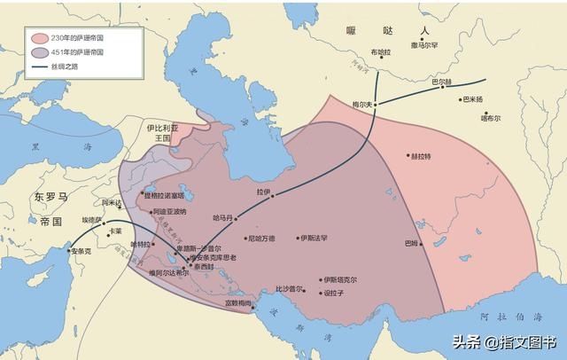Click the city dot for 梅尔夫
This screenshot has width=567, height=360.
375,104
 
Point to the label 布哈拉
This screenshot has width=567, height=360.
380,51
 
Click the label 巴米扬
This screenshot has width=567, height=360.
474,99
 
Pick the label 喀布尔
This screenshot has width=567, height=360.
491,117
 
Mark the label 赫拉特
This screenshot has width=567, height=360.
420,156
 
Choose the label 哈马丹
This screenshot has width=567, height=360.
223,217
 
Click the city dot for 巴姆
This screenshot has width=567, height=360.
422,243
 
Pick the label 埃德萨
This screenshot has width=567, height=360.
93,219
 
